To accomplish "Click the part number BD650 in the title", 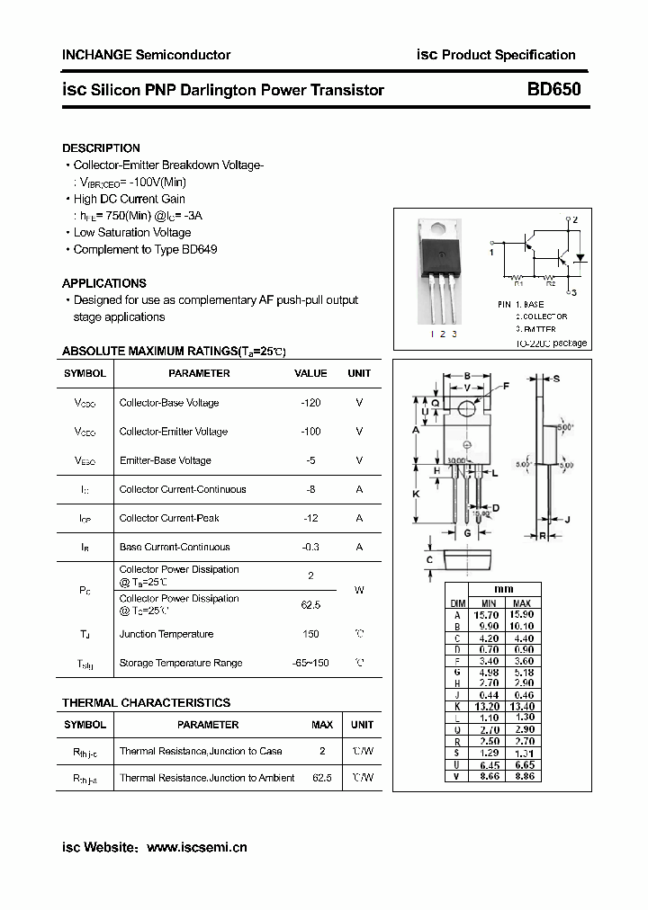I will (553, 90).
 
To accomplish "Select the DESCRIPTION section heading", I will (101, 147).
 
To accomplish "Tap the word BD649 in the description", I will (200, 249).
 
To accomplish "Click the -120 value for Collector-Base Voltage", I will (310, 403).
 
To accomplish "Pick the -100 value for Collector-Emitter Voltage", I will (310, 432).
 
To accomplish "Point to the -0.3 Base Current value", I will (310, 547).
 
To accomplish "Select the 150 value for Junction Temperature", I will (310, 634).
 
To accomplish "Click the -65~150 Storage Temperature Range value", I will (310, 663).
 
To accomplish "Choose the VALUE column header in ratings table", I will (310, 373).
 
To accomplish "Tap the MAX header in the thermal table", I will (322, 725).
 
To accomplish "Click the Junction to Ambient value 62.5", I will (322, 778).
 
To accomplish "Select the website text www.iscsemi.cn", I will (196, 847).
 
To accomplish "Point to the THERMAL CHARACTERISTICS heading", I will (146, 702).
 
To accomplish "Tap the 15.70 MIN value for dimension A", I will (489, 614).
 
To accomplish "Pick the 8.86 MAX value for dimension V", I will (522, 775).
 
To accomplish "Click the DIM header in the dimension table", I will (457, 603).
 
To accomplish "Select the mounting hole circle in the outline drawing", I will (467, 408).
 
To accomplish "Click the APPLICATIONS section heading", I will (104, 283).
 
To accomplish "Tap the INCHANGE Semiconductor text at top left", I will (146, 55).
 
